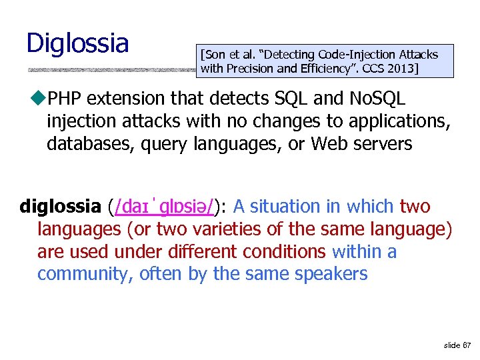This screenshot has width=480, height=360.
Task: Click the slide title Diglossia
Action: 77,43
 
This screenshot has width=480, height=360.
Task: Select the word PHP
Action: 65,99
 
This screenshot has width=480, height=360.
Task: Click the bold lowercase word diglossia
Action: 60,207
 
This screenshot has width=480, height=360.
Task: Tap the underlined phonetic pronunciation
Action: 164,207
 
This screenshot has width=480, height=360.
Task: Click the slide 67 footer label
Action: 457,345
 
